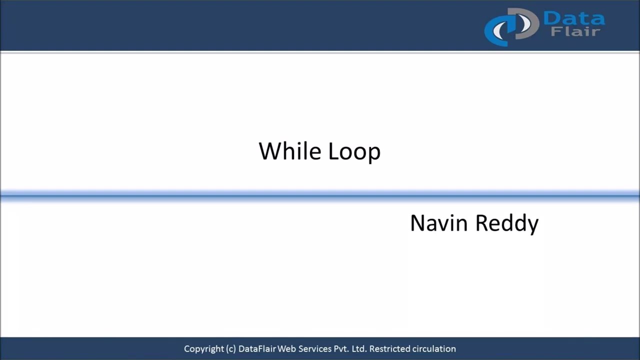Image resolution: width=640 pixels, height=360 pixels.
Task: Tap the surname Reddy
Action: [506, 223]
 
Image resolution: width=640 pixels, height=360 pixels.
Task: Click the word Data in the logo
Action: [573, 19]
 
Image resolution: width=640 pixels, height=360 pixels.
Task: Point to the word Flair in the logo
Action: [575, 32]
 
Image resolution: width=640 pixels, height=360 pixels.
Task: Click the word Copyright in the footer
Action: [204, 349]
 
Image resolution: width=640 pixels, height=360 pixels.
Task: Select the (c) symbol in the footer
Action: [231, 349]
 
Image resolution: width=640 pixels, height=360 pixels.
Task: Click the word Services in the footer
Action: [314, 349]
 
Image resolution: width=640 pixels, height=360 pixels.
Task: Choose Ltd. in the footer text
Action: [359, 349]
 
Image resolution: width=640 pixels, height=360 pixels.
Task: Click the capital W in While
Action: [268, 151]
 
